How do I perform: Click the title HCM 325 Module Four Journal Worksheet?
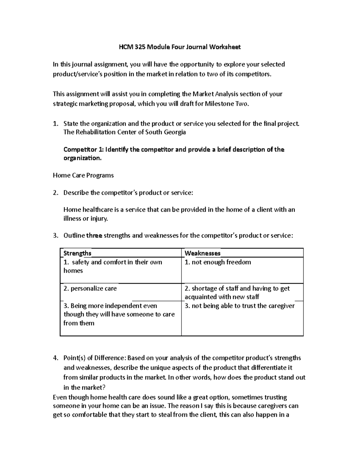pyautogui.click(x=180, y=47)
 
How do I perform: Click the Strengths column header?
pyautogui.click(x=77, y=253)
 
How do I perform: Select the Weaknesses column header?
pyautogui.click(x=202, y=253)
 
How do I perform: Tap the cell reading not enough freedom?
pyautogui.click(x=218, y=262)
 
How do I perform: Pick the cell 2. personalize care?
pyautogui.click(x=90, y=288)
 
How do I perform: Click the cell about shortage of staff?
pyautogui.click(x=237, y=293)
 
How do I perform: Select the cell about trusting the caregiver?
pyautogui.click(x=239, y=306)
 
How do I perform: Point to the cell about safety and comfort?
pyautogui.click(x=113, y=266)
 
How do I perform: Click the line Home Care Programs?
pyautogui.click(x=83, y=175)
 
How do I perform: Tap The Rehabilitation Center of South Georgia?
pyautogui.click(x=124, y=132)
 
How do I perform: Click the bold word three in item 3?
pyautogui.click(x=94, y=236)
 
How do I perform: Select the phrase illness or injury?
pyautogui.click(x=85, y=218)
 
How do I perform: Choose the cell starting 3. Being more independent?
pyautogui.click(x=119, y=314)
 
